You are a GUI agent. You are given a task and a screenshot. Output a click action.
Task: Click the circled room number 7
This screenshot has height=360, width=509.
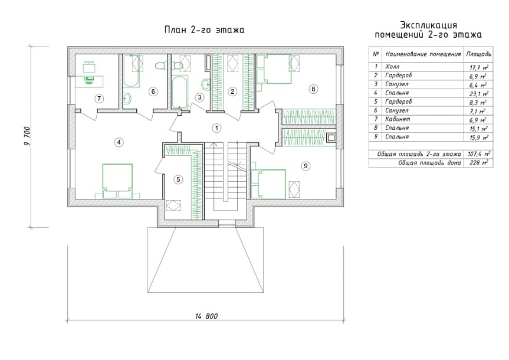(99, 99)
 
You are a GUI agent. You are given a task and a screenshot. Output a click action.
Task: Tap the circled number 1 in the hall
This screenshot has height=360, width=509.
(216, 128)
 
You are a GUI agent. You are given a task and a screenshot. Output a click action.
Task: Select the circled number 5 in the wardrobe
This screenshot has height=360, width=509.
(178, 179)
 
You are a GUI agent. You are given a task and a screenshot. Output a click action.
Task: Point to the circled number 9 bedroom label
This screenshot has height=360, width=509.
(306, 166)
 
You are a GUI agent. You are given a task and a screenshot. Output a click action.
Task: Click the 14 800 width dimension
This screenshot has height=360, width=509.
(206, 316)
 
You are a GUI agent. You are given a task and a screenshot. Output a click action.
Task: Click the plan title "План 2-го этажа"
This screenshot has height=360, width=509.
(205, 30)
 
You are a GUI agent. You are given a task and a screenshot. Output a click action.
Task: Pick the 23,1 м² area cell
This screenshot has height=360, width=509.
(479, 94)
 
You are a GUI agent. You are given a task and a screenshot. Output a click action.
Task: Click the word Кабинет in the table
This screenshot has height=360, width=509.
(398, 119)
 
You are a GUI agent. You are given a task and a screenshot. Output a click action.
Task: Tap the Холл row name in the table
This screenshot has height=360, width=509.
(392, 67)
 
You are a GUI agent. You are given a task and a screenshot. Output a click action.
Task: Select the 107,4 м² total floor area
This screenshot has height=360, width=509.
(479, 153)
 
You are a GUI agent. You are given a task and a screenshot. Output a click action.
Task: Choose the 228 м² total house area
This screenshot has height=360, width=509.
(479, 162)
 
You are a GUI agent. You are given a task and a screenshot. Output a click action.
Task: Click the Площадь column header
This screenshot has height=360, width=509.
(479, 54)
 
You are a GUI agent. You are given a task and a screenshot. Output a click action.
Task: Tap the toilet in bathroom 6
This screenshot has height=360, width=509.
(160, 66)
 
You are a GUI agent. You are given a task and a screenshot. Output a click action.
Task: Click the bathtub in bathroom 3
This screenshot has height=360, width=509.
(179, 92)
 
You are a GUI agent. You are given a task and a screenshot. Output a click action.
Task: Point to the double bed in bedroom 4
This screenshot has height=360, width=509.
(117, 181)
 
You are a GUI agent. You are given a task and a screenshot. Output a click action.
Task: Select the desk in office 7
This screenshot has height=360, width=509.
(90, 81)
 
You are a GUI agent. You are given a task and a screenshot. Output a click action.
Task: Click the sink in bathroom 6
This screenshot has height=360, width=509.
(127, 98)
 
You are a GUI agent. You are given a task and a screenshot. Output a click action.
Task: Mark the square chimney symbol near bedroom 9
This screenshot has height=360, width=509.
(331, 138)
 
